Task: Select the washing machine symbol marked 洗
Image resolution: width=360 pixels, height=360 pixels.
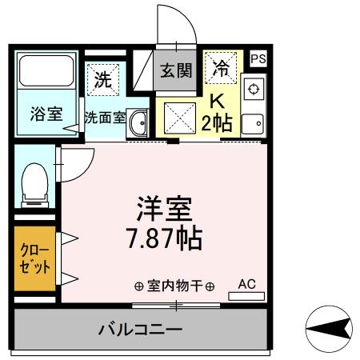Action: pyautogui.click(x=102, y=79)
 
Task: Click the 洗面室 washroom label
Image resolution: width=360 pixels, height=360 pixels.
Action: pyautogui.click(x=105, y=118)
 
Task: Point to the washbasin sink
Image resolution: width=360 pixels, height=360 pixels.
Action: pyautogui.click(x=138, y=122)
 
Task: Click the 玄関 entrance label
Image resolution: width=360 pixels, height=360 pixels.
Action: pyautogui.click(x=175, y=70)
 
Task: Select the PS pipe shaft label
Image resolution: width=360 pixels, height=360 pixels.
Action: pyautogui.click(x=258, y=58)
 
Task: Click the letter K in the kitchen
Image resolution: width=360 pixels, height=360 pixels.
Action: pyautogui.click(x=217, y=101)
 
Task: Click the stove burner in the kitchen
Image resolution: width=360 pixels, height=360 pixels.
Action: pyautogui.click(x=253, y=88)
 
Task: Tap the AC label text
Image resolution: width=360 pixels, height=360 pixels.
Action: pyautogui.click(x=246, y=283)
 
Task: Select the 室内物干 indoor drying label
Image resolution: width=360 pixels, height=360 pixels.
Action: pyautogui.click(x=176, y=286)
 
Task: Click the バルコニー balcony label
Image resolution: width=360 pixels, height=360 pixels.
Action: pyautogui.click(x=141, y=329)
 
